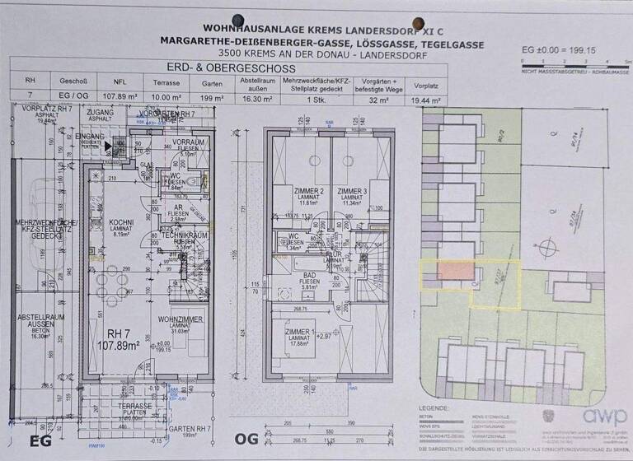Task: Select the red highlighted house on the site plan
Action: pyautogui.click(x=455, y=272)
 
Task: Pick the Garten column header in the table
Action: pyautogui.click(x=206, y=82)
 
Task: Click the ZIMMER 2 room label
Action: pyautogui.click(x=286, y=191)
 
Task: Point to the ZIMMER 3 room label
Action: pyautogui.click(x=351, y=191)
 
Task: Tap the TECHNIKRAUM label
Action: pyautogui.click(x=183, y=235)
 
